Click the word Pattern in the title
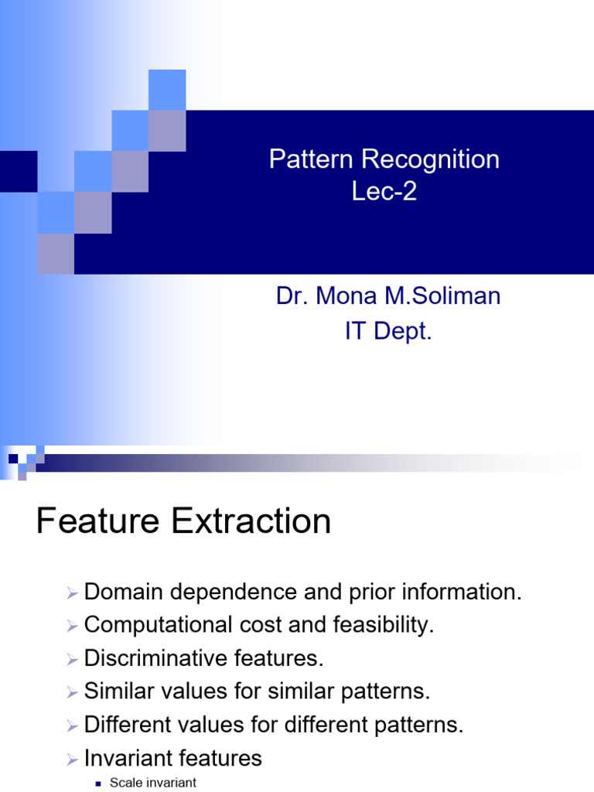[311, 159]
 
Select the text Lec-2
[384, 192]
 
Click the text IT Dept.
[388, 331]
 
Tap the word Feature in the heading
[98, 521]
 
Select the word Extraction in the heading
[251, 521]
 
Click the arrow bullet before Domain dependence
[72, 593]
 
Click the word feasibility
[384, 625]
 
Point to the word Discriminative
[155, 658]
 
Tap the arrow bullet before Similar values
[72, 692]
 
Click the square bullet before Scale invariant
[98, 784]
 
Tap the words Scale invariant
[153, 783]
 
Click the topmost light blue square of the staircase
[167, 90]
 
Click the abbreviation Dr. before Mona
[292, 296]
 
